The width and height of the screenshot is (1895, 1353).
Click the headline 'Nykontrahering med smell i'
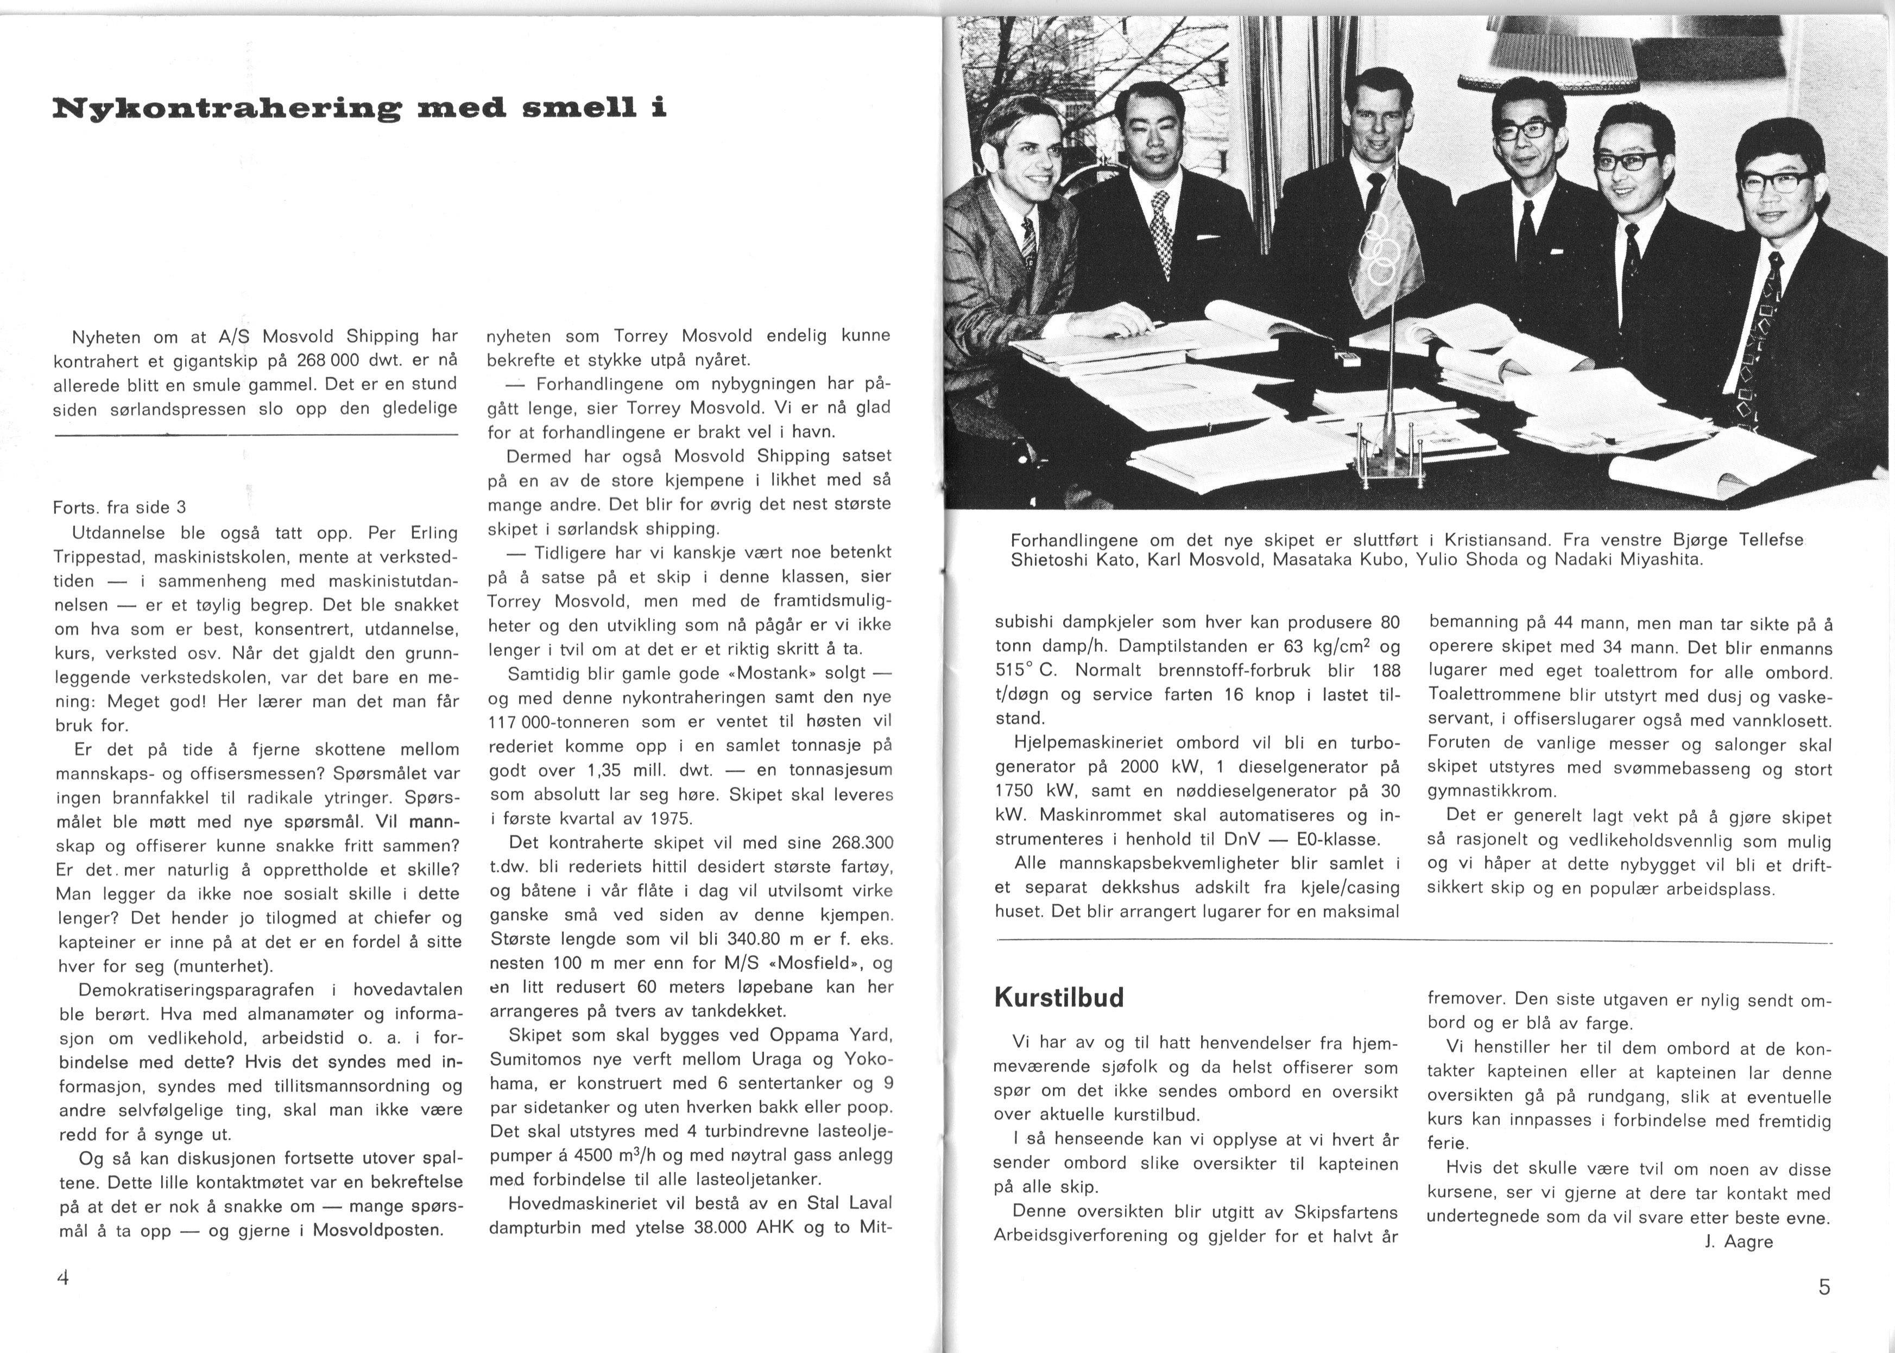click(359, 109)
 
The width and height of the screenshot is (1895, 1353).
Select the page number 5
click(1824, 1287)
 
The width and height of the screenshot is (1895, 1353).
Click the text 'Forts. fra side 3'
click(119, 507)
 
